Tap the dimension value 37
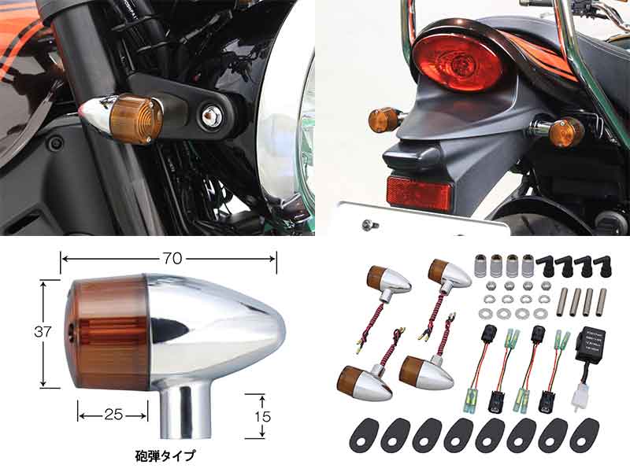[x=44, y=332]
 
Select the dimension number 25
[x=113, y=413]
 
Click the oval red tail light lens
[x=459, y=61]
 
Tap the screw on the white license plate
[x=369, y=226]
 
